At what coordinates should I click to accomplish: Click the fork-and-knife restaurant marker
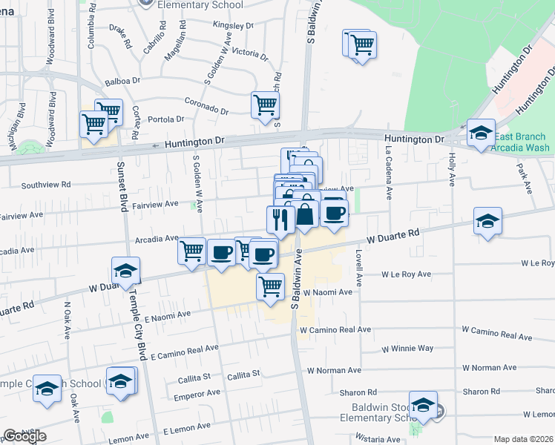pyautogui.click(x=280, y=220)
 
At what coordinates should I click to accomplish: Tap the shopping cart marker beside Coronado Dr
pyautogui.click(x=265, y=105)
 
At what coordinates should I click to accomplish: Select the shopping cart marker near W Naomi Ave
pyautogui.click(x=271, y=286)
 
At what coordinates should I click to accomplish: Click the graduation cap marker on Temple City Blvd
pyautogui.click(x=126, y=271)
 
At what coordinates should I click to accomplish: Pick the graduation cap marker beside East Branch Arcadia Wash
pyautogui.click(x=482, y=133)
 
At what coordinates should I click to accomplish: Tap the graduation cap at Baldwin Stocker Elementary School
pyautogui.click(x=423, y=405)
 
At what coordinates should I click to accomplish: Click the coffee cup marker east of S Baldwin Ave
pyautogui.click(x=335, y=214)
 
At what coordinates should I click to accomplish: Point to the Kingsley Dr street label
pyautogui.click(x=233, y=24)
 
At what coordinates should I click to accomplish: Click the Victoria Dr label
pyautogui.click(x=249, y=53)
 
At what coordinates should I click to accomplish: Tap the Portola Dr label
pyautogui.click(x=165, y=119)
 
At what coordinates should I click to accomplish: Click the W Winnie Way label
pyautogui.click(x=407, y=348)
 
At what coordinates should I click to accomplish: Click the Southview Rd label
pyautogui.click(x=46, y=185)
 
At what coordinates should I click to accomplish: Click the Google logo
pyautogui.click(x=24, y=435)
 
